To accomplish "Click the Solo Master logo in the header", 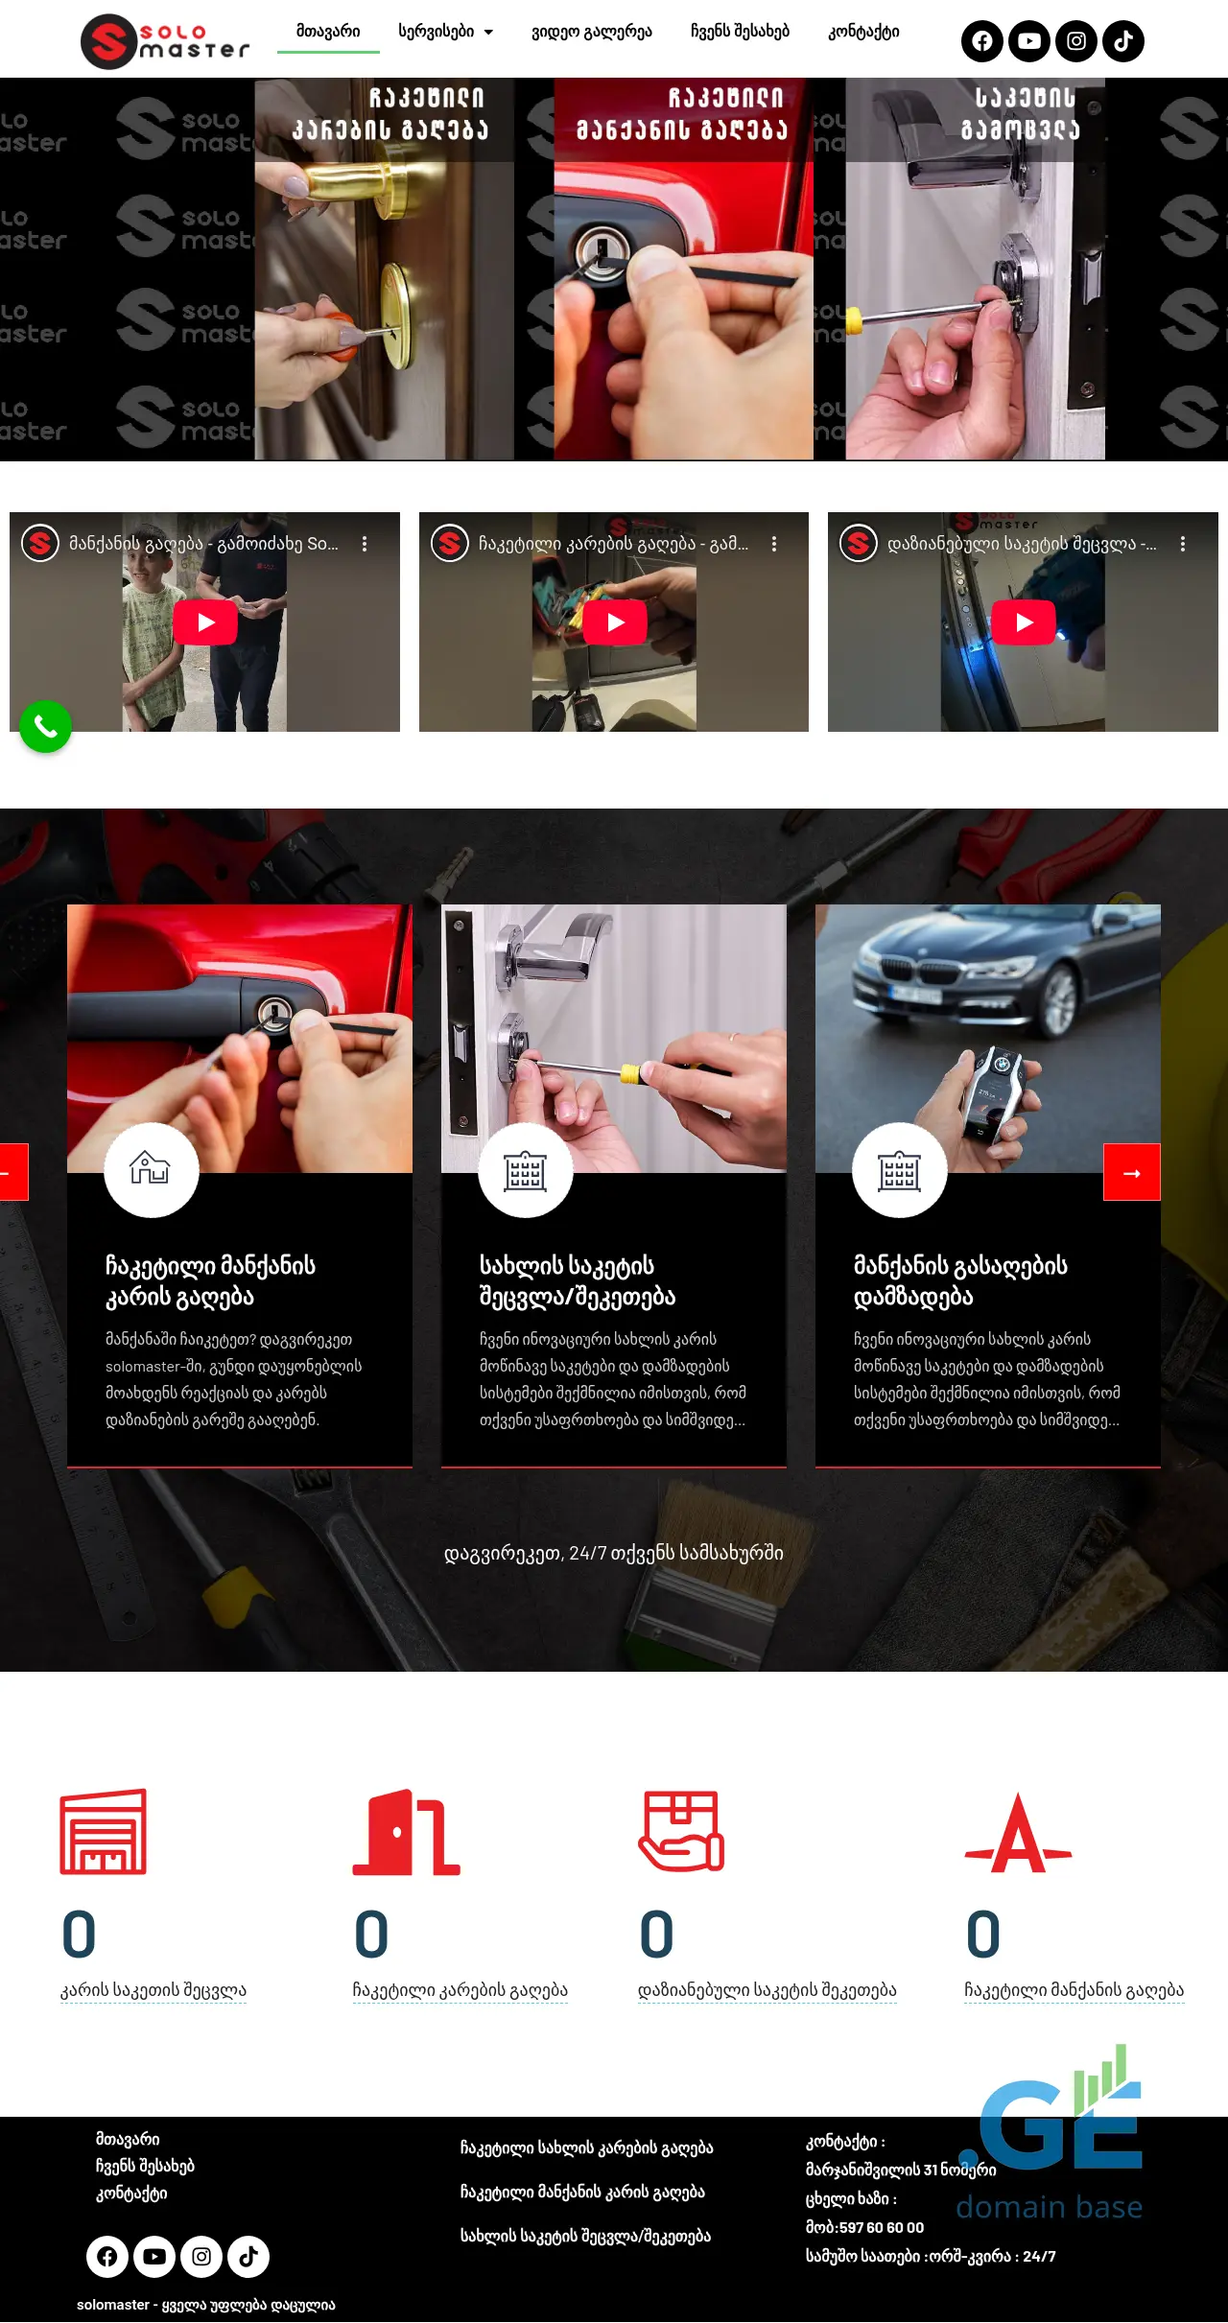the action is (165, 41).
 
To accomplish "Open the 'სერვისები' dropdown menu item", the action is (445, 32).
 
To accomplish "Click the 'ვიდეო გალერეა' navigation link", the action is (592, 32).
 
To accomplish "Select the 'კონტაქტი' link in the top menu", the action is (863, 32).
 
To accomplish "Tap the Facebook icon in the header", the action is (982, 41).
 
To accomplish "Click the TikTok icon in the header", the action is (1123, 41).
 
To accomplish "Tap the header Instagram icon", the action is (1076, 41).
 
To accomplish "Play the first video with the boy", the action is (205, 622).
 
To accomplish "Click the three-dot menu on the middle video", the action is (774, 544).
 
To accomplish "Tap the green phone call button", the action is (45, 727).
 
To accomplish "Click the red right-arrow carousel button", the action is (1132, 1172).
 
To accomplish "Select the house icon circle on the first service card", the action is (152, 1170).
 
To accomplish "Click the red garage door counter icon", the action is (104, 1831).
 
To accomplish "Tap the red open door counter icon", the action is (407, 1831).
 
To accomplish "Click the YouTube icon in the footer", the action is (154, 2257).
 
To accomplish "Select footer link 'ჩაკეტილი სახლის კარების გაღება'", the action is (587, 2147).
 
